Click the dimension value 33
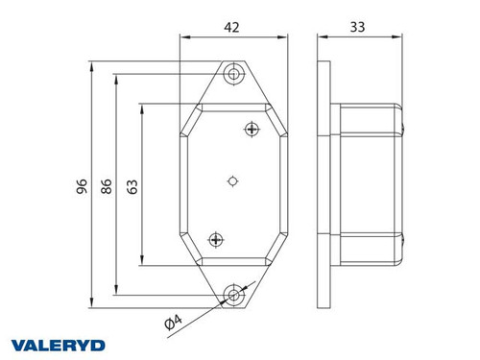(x=358, y=29)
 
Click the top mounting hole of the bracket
(x=231, y=74)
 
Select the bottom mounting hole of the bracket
(x=231, y=293)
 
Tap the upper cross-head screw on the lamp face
(x=252, y=129)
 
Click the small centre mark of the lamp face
(x=233, y=180)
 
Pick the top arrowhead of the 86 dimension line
(x=116, y=77)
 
